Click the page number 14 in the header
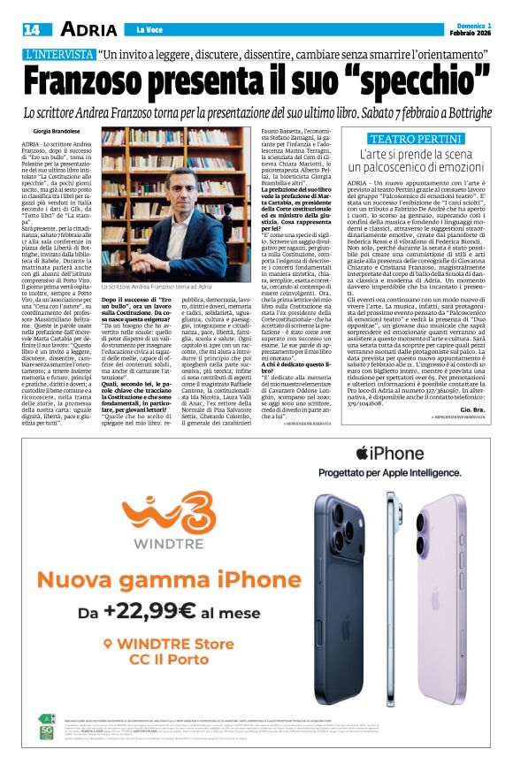click(x=31, y=29)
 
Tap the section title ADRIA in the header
click(x=88, y=29)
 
